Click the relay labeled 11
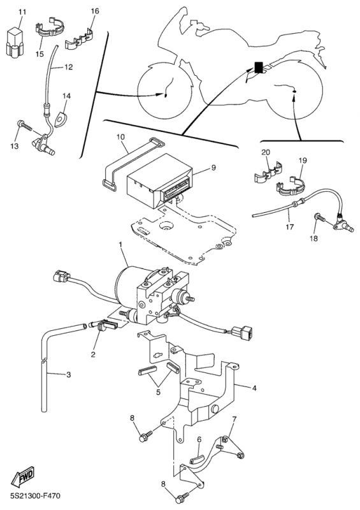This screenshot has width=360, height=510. pyautogui.click(x=15, y=42)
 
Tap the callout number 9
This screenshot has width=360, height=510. pyautogui.click(x=213, y=168)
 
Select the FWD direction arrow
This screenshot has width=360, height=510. pyautogui.click(x=23, y=476)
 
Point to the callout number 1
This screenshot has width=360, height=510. pyautogui.click(x=120, y=244)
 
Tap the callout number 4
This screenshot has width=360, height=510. pyautogui.click(x=254, y=388)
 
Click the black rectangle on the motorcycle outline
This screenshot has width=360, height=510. pyautogui.click(x=259, y=68)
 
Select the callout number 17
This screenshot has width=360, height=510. pyautogui.click(x=290, y=227)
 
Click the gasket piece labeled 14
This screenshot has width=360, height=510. pyautogui.click(x=61, y=119)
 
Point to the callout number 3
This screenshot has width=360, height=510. pyautogui.click(x=68, y=375)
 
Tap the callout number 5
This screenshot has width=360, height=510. pyautogui.click(x=159, y=392)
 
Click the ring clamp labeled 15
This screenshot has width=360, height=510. pyautogui.click(x=49, y=28)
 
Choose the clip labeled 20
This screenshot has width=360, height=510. pyautogui.click(x=268, y=171)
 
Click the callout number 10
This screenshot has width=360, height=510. pyautogui.click(x=120, y=137)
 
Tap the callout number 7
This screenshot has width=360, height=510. pyautogui.click(x=234, y=419)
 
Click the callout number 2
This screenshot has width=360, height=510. pyautogui.click(x=93, y=354)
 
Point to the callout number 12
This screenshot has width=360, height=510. pyautogui.click(x=68, y=67)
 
